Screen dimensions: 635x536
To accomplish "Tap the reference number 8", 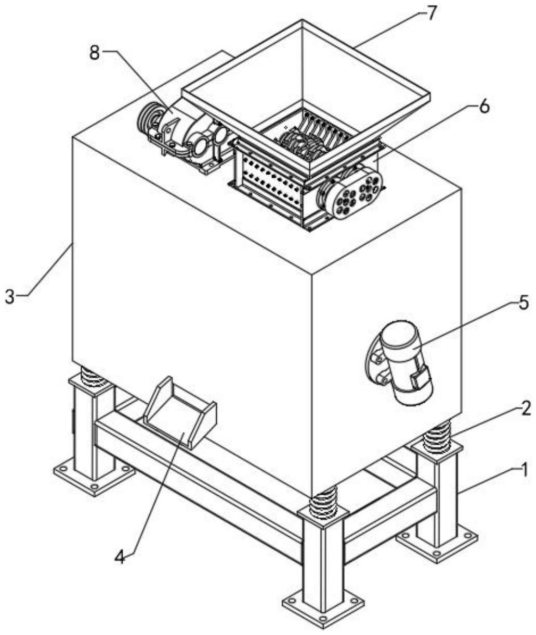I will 94,54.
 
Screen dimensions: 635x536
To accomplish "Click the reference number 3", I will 9,297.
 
